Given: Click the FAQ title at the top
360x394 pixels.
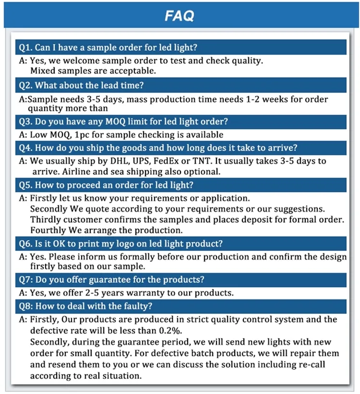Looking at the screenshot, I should click(180, 16).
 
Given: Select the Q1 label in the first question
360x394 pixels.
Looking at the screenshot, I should click(24, 47).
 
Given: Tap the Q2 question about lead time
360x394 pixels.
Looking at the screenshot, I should click(82, 86).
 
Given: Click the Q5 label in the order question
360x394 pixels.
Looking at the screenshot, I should click(24, 185).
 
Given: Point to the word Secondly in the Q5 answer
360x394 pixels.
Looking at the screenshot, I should click(49, 209).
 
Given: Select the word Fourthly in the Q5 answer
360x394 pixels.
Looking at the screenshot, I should click(49, 230).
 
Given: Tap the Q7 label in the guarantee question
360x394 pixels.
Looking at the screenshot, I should click(24, 280).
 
